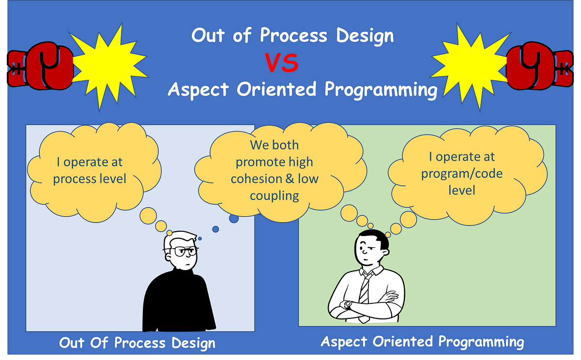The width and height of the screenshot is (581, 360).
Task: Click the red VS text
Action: (281, 63)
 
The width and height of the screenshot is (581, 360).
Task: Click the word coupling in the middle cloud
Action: (275, 195)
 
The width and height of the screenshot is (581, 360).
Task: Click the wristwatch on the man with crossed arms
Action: (348, 305)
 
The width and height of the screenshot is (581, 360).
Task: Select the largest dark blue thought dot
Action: (234, 218)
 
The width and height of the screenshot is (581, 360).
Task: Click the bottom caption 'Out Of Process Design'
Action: (137, 344)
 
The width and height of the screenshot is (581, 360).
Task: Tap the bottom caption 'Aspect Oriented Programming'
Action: (422, 342)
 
